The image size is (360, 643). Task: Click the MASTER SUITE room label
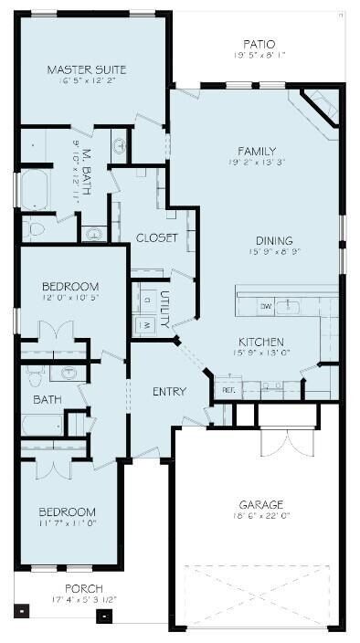[x=87, y=69]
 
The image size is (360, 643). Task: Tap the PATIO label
[x=259, y=43]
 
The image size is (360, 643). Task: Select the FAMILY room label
[x=257, y=151]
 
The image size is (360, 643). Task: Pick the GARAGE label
[x=261, y=504]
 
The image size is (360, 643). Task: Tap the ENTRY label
[x=169, y=392]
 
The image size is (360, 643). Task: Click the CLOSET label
[x=157, y=237]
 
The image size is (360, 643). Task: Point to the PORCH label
[x=83, y=588]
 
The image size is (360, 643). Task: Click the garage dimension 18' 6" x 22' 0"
[x=261, y=516]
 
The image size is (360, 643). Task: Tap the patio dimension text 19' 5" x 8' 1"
[x=259, y=55]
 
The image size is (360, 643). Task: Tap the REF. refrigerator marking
[x=228, y=389]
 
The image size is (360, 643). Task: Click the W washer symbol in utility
[x=145, y=324]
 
